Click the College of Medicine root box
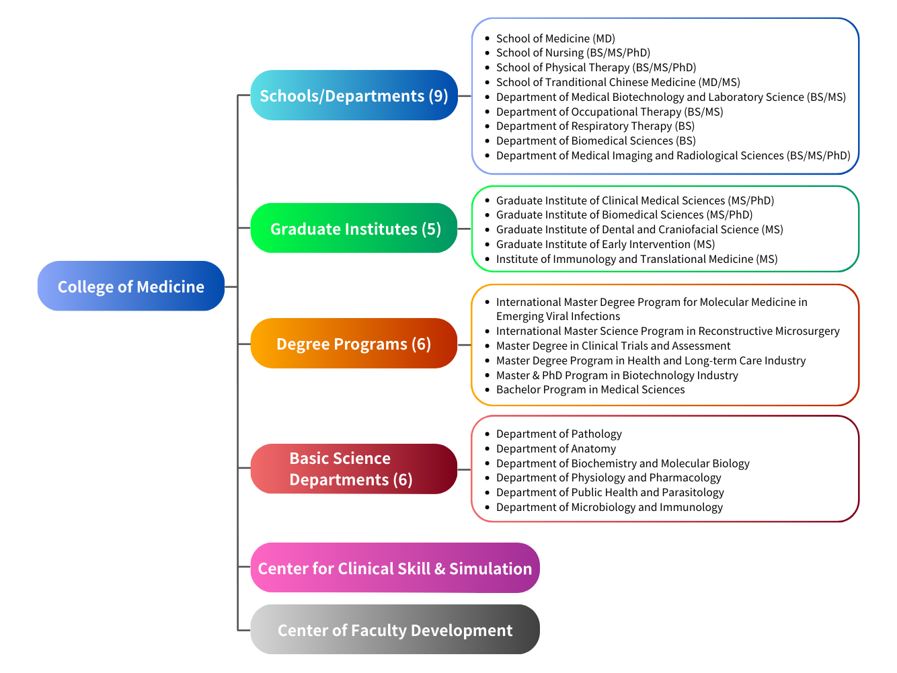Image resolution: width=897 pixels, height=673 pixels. point(130,286)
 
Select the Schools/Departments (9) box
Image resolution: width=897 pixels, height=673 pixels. point(354,95)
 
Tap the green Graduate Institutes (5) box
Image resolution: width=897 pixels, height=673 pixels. point(354,229)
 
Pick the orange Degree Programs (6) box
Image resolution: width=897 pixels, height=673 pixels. point(354,344)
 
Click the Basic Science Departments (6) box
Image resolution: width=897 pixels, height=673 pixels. point(354,469)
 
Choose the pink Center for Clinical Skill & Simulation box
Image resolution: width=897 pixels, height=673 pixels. point(395,568)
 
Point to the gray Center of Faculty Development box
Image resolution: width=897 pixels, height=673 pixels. point(395,630)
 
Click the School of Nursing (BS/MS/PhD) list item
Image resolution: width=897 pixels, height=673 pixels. point(573,52)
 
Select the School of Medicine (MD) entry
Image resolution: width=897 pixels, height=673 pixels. point(555,38)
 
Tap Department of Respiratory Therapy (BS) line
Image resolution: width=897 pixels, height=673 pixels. point(595,126)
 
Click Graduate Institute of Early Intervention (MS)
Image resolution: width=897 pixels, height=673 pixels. point(605,244)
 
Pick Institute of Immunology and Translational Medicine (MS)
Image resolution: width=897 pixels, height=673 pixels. point(636,259)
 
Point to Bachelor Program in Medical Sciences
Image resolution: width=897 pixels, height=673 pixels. point(590,389)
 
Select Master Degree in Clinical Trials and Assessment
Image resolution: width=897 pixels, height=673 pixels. point(613,346)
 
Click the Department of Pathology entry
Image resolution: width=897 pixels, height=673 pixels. point(559,434)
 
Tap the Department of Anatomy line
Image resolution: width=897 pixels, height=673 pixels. point(555,448)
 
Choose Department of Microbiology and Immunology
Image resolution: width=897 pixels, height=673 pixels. point(609,507)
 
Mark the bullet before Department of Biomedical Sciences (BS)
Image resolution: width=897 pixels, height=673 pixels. point(487,141)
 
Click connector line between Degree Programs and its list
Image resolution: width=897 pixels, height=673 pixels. point(465,344)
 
